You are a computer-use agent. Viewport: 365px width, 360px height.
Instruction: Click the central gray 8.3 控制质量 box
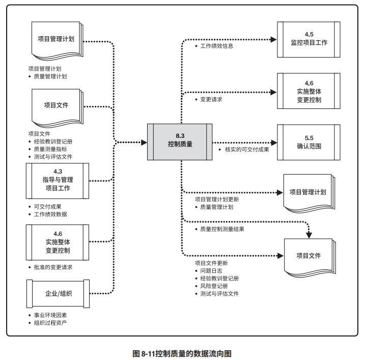[x=180, y=141]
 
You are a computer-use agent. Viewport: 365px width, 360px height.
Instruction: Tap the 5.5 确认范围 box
[x=308, y=142]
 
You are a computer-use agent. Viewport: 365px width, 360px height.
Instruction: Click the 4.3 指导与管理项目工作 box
[x=57, y=180]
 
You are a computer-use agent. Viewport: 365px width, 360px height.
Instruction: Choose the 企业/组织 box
[x=57, y=294]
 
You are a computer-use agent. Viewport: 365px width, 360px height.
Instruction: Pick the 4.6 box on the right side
[x=308, y=91]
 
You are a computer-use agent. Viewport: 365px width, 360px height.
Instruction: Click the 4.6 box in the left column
[x=57, y=242]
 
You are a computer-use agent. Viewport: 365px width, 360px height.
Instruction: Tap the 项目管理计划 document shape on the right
[x=307, y=192]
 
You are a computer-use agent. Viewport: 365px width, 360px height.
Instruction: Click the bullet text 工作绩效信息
[x=217, y=46]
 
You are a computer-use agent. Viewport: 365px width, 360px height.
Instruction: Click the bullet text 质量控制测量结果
[x=222, y=229]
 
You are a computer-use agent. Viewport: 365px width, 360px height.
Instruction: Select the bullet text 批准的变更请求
[x=52, y=267]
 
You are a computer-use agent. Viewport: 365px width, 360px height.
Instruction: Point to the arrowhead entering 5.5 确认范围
[x=273, y=142]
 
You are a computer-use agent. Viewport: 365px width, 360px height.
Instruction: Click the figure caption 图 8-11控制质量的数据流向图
[x=182, y=352]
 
